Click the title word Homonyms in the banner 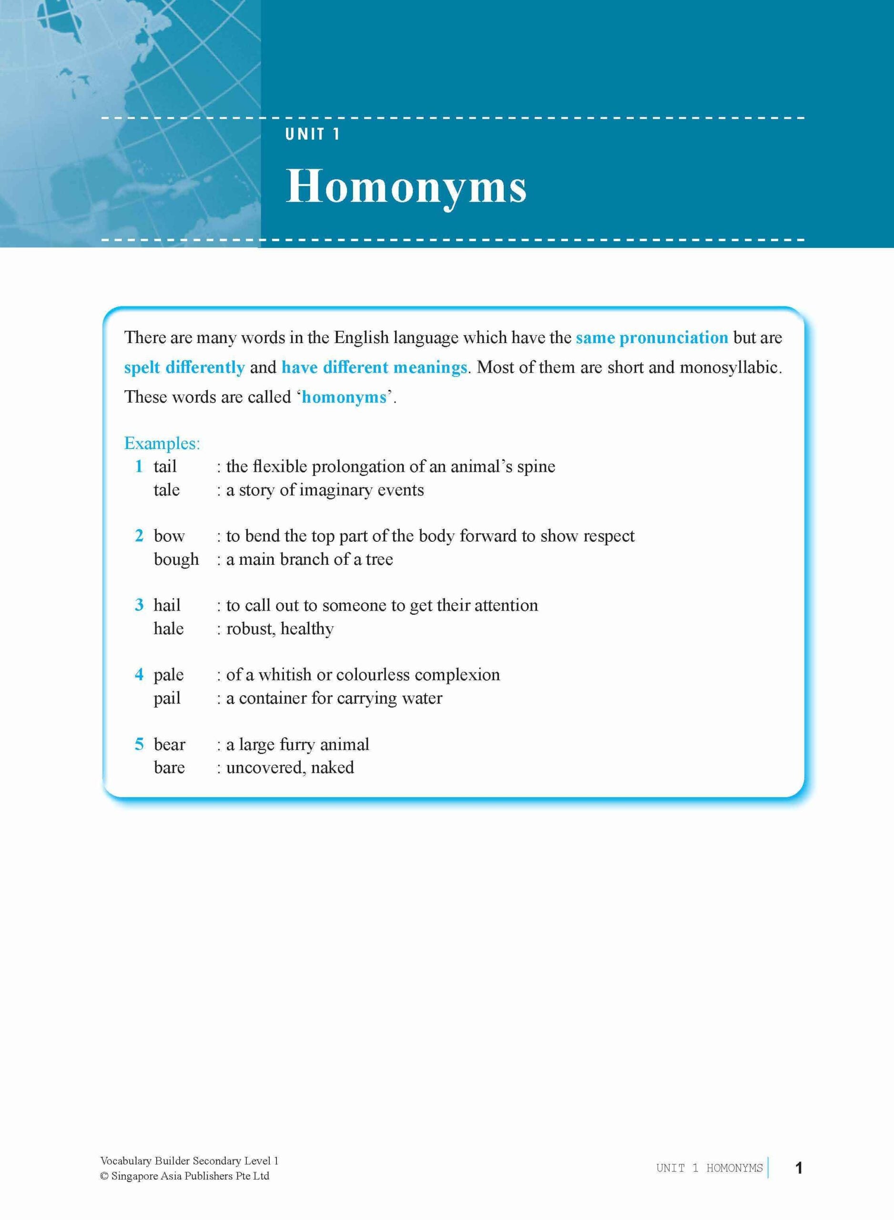[406, 187]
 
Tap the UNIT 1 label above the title [312, 134]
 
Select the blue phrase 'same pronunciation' [651, 337]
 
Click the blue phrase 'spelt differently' [184, 367]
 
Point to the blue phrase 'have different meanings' [374, 367]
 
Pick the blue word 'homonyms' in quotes [344, 397]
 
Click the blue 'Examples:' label [162, 443]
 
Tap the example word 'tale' [166, 489]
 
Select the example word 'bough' [176, 559]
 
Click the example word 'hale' [168, 628]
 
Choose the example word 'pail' [167, 698]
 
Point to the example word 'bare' [169, 767]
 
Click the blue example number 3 [139, 605]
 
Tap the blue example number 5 [139, 744]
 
